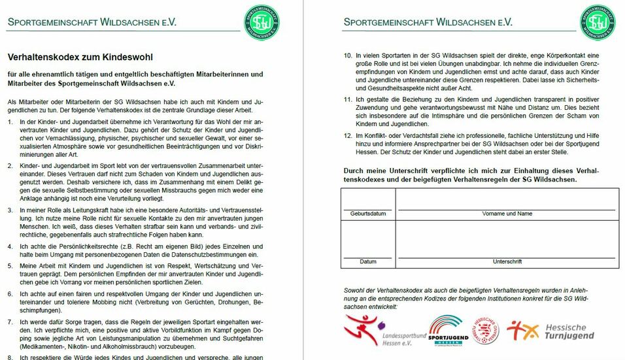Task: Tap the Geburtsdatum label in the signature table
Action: click(368, 214)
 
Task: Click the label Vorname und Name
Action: click(507, 214)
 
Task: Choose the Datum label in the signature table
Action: click(368, 261)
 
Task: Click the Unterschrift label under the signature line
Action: click(507, 261)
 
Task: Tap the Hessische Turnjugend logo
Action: click(550, 331)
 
